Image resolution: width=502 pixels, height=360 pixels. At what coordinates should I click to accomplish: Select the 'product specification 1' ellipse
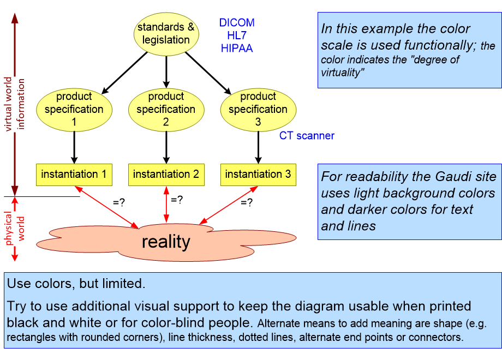click(x=74, y=109)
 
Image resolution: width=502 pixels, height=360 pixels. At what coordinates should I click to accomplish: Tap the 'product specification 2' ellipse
click(x=166, y=109)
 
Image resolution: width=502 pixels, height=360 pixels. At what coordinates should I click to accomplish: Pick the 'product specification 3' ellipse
click(x=258, y=109)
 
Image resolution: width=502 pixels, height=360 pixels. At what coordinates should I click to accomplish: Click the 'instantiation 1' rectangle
click(x=74, y=175)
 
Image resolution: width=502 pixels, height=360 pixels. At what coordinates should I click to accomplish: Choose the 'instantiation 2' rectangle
click(x=166, y=175)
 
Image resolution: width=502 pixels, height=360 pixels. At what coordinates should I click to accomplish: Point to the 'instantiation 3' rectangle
click(x=258, y=175)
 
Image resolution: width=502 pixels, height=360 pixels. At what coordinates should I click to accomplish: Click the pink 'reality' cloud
click(x=166, y=241)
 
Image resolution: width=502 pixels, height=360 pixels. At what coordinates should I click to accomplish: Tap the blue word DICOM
click(x=237, y=23)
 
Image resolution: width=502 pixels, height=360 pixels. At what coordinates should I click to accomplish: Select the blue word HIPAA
click(x=237, y=49)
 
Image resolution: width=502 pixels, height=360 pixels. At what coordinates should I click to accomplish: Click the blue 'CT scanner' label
click(x=307, y=136)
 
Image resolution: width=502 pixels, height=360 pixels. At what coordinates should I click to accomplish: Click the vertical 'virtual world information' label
click(x=15, y=104)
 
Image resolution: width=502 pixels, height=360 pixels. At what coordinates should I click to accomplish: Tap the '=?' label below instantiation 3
click(x=247, y=202)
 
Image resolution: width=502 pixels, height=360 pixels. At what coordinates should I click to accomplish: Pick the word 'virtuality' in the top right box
click(x=342, y=73)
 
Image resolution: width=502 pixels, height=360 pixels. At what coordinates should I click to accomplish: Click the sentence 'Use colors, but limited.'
click(x=76, y=284)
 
